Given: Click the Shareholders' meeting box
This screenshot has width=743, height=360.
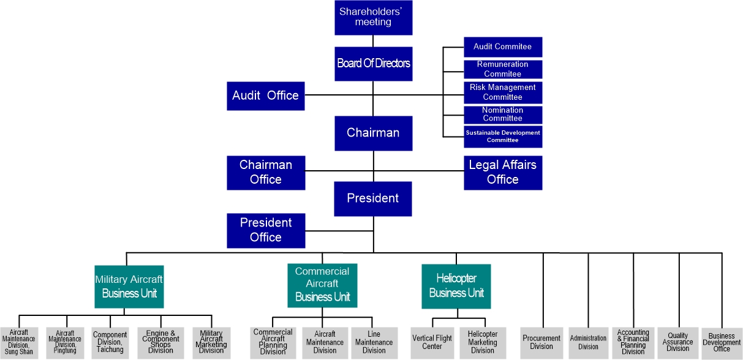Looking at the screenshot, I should click(x=373, y=18).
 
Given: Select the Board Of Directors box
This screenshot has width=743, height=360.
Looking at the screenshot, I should click(x=373, y=64).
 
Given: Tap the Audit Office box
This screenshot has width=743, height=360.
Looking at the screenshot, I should click(x=265, y=96).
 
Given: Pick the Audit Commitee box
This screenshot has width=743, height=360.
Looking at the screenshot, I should click(x=503, y=47).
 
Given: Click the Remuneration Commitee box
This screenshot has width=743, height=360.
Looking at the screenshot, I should click(x=503, y=69).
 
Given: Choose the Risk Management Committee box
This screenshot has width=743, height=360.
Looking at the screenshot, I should click(x=503, y=92).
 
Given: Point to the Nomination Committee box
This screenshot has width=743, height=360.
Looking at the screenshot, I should click(x=503, y=114).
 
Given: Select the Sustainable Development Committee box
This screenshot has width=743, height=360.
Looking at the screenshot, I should click(x=503, y=137).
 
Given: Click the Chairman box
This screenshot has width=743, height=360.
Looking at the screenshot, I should click(x=373, y=133).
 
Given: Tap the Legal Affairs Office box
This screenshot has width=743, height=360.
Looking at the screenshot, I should click(x=503, y=173).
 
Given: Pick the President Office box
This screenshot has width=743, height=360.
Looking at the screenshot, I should click(x=265, y=230).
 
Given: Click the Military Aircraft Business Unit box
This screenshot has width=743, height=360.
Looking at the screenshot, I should click(x=129, y=287).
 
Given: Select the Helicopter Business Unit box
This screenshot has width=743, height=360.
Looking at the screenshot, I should click(x=456, y=286).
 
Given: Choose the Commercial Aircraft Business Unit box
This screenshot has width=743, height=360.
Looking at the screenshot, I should click(x=322, y=285).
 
